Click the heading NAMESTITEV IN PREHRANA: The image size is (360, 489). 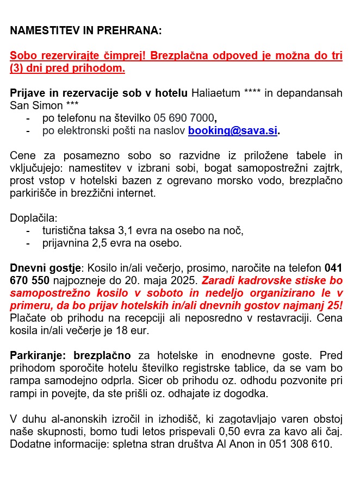pyautogui.click(x=86, y=31)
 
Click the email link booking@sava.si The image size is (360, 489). pyautogui.click(x=233, y=130)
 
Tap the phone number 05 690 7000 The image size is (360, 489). pyautogui.click(x=184, y=118)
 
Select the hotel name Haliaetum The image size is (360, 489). pyautogui.click(x=215, y=93)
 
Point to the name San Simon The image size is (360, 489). pyautogui.click(x=35, y=105)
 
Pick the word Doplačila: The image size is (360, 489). pyautogui.click(x=34, y=218)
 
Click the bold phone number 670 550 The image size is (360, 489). pyautogui.click(x=30, y=280)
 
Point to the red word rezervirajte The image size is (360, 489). pyautogui.click(x=65, y=56)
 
